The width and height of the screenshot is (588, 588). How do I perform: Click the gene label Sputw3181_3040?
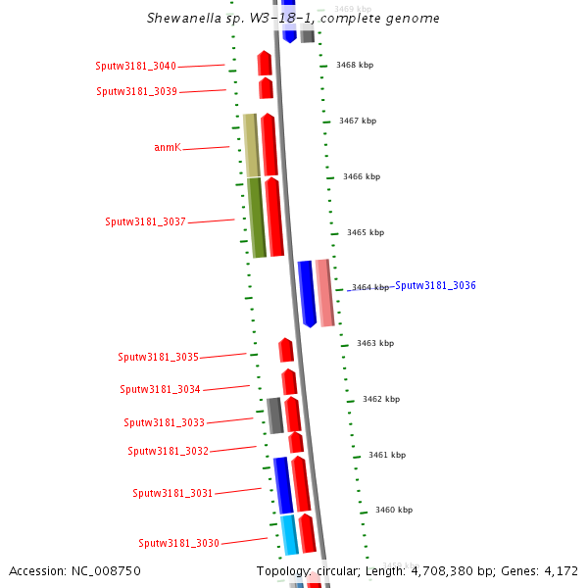click(135, 66)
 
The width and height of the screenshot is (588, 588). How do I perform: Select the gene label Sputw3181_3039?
click(136, 91)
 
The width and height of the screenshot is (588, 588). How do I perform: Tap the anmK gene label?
click(168, 147)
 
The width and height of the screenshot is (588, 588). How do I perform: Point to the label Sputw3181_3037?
click(145, 221)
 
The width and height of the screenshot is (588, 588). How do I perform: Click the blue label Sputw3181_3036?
click(435, 285)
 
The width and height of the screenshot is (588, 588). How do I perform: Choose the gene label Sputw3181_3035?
click(158, 357)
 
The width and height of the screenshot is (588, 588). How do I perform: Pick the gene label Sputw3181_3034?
click(160, 389)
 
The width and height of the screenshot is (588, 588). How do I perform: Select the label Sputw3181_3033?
click(164, 422)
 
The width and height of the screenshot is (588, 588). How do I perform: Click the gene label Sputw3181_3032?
click(168, 451)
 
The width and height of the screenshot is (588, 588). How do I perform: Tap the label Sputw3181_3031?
click(172, 493)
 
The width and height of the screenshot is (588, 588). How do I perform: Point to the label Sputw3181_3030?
click(178, 543)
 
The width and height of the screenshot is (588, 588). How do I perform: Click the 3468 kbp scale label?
click(354, 65)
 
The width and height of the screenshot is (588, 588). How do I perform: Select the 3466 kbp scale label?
click(362, 176)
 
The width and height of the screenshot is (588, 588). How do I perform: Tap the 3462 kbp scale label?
click(381, 399)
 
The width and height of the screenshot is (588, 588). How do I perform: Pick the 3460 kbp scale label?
click(394, 510)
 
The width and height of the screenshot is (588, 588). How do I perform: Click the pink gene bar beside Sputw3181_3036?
click(323, 292)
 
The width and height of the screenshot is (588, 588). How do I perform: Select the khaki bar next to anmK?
click(251, 145)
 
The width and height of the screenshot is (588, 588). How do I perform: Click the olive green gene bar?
click(256, 218)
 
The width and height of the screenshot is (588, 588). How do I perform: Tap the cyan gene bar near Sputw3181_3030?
click(289, 534)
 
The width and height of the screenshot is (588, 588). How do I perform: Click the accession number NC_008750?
click(74, 570)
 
